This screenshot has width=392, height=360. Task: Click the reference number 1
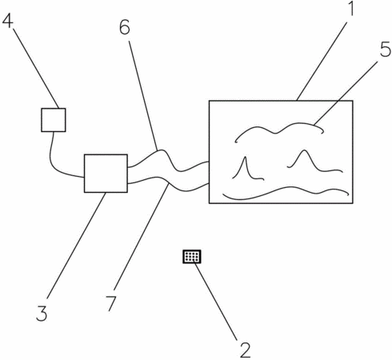pos(352,8)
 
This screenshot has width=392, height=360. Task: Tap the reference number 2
pos(246,350)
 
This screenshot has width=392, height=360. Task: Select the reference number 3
pos(42,313)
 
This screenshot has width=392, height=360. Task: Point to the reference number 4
pos(8,20)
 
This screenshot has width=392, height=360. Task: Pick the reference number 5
pos(386,49)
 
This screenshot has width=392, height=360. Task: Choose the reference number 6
pos(125,27)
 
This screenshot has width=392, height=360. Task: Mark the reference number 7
pos(111,303)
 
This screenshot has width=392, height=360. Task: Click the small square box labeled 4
pos(54,120)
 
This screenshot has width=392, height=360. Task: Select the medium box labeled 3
pos(106,174)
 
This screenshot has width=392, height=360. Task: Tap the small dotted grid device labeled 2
pos(192,257)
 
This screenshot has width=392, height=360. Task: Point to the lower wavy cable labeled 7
pos(168,183)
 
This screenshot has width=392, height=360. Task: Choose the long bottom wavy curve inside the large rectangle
pos(286,189)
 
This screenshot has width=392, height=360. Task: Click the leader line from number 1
pos(322,61)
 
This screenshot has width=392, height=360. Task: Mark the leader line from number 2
pos(216,302)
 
